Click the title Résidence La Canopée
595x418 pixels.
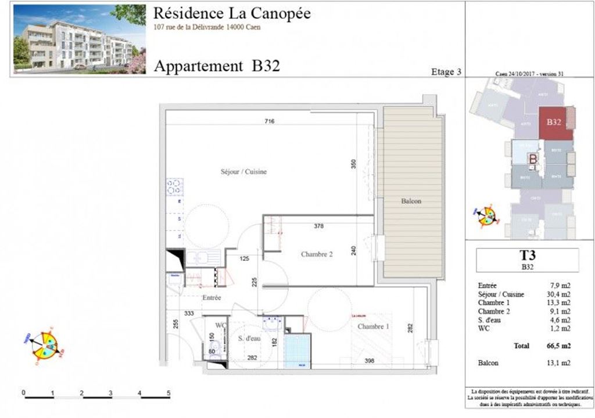click(x=232, y=13)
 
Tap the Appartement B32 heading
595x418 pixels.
click(x=217, y=66)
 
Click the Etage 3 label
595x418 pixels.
click(x=446, y=72)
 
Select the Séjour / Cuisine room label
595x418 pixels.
click(x=243, y=172)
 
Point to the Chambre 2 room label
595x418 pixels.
click(x=317, y=254)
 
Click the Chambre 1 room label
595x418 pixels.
click(x=373, y=327)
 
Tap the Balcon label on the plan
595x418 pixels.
click(x=411, y=201)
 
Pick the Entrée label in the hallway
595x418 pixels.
click(x=212, y=298)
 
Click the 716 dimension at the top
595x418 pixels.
click(x=268, y=121)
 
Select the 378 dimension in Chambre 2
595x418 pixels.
click(x=318, y=226)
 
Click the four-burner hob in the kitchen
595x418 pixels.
click(x=174, y=186)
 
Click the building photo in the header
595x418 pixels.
click(x=80, y=39)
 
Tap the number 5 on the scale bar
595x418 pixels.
click(x=169, y=393)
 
